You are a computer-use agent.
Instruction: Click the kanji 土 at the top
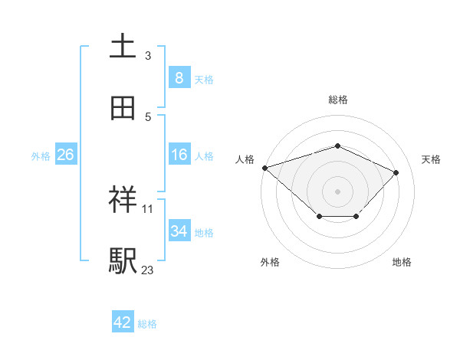pos(123,47)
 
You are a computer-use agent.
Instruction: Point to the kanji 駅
pos(123,261)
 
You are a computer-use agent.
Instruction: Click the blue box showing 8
pos(179,77)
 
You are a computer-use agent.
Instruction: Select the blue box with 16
pos(179,155)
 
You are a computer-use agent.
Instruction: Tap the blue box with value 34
pos(179,231)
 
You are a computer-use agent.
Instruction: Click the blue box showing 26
pos(66,155)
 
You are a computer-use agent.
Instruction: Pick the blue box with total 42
pos(123,322)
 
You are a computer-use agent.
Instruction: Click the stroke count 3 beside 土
pos(148,56)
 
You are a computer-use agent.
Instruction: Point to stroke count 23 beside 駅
pos(147,270)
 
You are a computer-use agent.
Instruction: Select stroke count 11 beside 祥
pos(147,208)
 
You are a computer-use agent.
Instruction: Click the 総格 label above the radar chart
pos(337,100)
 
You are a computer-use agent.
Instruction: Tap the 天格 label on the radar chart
pos(432,159)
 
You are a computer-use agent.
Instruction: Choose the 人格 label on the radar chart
pos(245,159)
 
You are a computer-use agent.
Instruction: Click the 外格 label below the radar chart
pos(270,262)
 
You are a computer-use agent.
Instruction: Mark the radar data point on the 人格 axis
pos(264,168)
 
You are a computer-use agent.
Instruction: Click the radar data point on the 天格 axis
pos(396,172)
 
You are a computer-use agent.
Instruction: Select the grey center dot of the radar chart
pos(337,191)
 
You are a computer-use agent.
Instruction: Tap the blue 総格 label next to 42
pos(147,324)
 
